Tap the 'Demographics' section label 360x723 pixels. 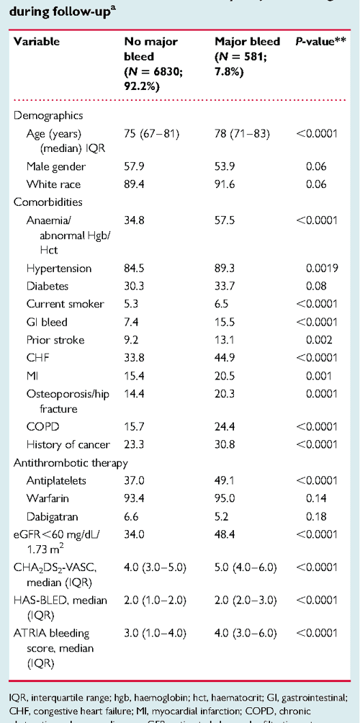tap(48, 115)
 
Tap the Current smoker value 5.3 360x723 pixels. tap(134, 303)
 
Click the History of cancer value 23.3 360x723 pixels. tap(135, 444)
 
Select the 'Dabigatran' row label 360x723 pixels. tap(54, 514)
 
